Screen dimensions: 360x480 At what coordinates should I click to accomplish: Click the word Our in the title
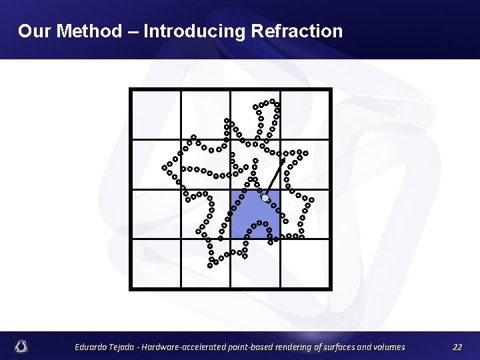(33, 31)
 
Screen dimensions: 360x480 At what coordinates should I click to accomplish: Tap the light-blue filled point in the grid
(265, 198)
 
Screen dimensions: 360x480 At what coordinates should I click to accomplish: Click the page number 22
(457, 347)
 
